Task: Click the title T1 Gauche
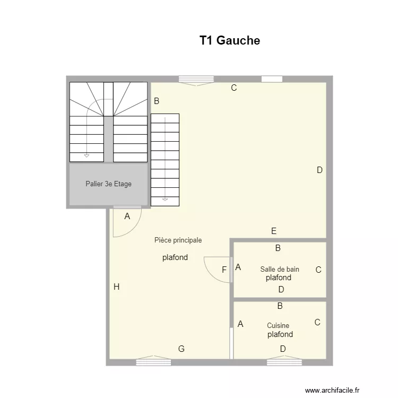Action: click(x=229, y=41)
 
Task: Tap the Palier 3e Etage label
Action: click(x=108, y=184)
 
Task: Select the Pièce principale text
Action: click(x=178, y=240)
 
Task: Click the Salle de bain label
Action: click(x=279, y=269)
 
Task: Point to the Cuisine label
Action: click(x=278, y=326)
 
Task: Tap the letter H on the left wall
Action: click(x=116, y=287)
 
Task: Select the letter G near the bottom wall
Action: click(x=181, y=349)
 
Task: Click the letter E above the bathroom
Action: click(x=274, y=231)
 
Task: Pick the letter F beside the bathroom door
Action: click(x=224, y=270)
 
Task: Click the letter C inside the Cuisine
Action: click(x=317, y=322)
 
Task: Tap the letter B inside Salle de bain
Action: click(x=278, y=248)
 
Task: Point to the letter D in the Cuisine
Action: click(x=283, y=349)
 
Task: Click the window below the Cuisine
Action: click(x=284, y=362)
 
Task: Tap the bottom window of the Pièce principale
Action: click(x=153, y=362)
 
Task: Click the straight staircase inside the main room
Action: click(x=165, y=159)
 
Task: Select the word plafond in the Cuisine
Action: click(x=280, y=334)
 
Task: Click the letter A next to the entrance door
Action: click(x=127, y=216)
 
